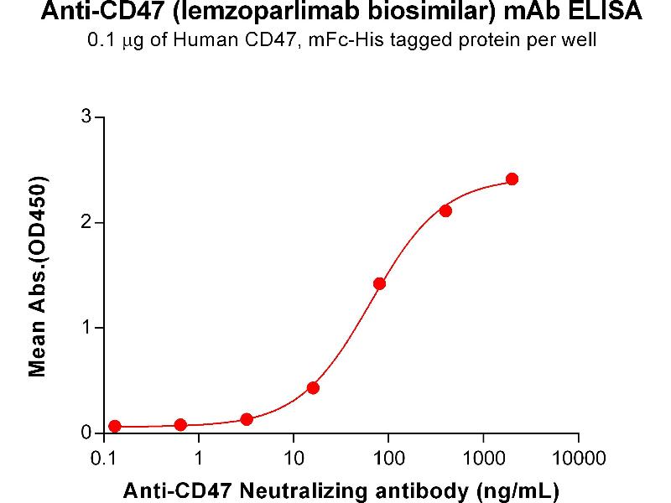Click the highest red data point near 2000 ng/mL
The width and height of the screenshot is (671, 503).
(x=512, y=179)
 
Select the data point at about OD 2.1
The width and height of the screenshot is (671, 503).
(x=445, y=210)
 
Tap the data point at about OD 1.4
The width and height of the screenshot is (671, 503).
(x=379, y=283)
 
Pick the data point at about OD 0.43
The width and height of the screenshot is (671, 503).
(x=313, y=387)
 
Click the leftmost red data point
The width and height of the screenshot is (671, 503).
(x=115, y=426)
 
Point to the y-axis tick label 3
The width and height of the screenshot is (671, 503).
(x=86, y=117)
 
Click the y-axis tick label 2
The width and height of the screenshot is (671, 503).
(x=86, y=222)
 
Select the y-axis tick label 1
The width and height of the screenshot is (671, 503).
(x=86, y=327)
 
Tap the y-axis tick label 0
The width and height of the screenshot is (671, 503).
(x=86, y=433)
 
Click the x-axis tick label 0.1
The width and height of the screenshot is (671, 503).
(x=103, y=458)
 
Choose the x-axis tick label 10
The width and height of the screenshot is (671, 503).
(x=293, y=458)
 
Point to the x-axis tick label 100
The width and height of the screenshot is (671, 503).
(x=388, y=458)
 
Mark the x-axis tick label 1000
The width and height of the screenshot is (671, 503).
(x=482, y=458)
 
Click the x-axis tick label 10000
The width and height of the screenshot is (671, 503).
(x=578, y=458)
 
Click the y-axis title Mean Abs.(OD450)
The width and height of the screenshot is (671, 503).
(x=37, y=276)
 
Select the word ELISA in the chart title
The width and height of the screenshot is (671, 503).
(x=610, y=13)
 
